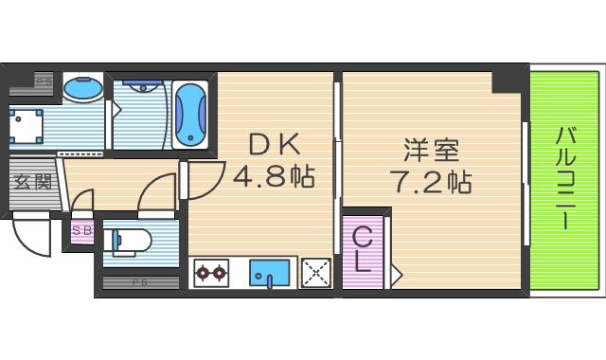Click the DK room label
click(x=274, y=144)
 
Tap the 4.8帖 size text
click(x=274, y=176)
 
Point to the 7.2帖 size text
click(x=430, y=180)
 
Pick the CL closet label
click(x=362, y=249)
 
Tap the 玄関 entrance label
click(x=30, y=181)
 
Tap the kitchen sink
click(x=273, y=273)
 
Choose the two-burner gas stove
click(x=210, y=273)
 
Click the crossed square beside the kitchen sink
click(x=315, y=273)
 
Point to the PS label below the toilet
click(x=139, y=282)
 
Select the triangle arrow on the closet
click(x=396, y=275)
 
